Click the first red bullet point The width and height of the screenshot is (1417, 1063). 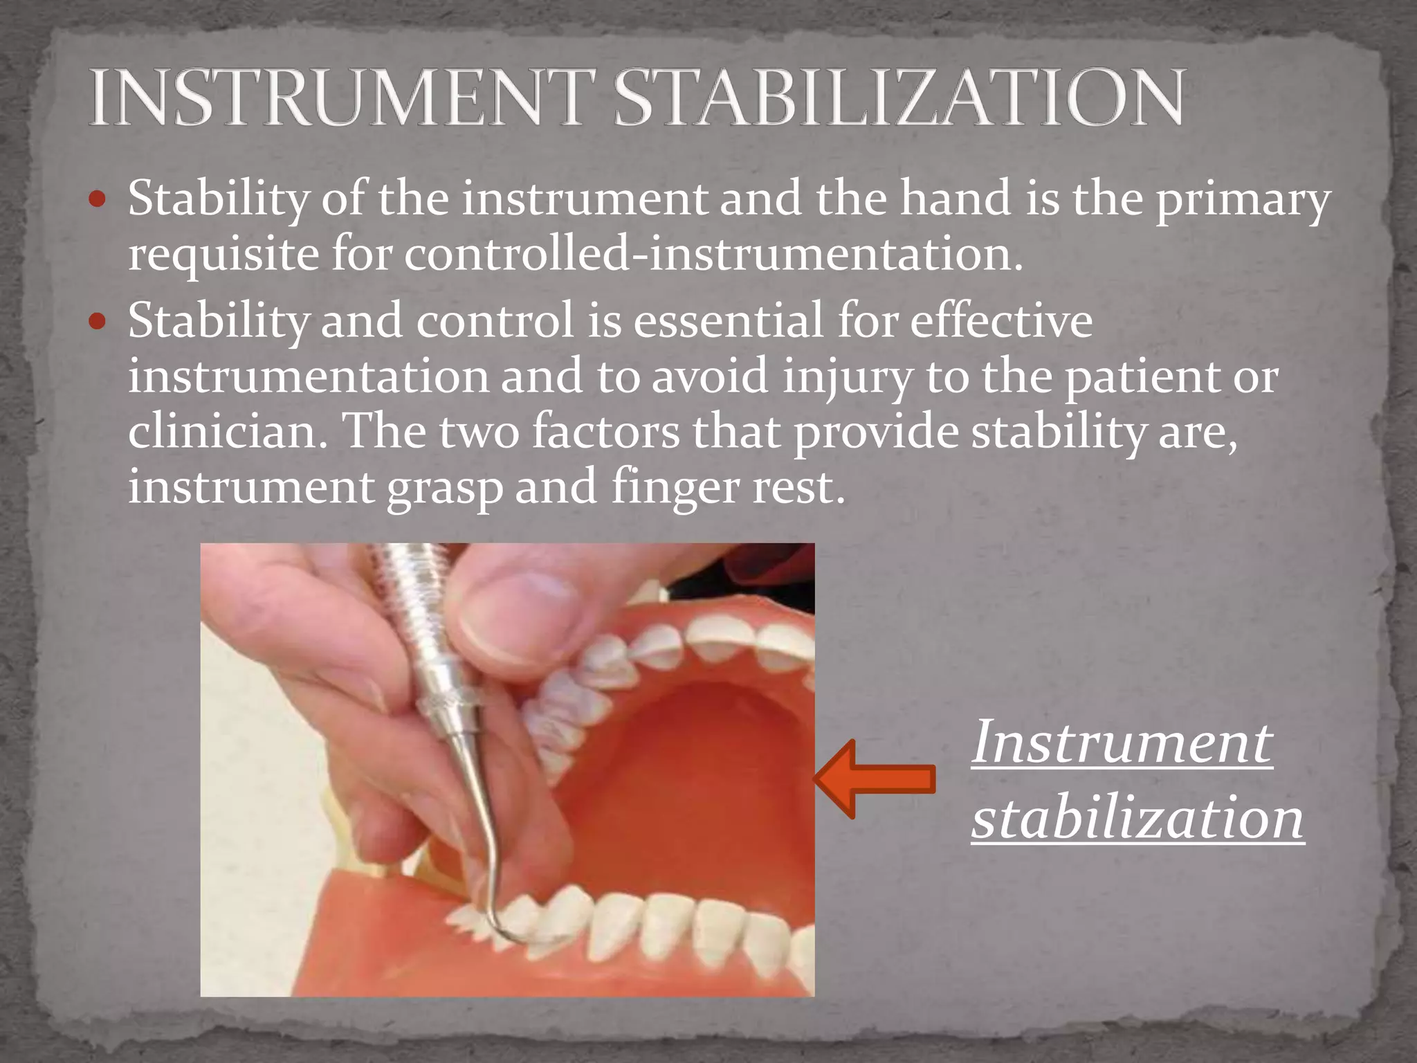98,201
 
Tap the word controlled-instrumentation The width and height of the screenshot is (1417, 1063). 713,255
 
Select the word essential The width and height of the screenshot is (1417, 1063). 727,321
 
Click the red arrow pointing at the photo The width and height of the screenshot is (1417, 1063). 875,779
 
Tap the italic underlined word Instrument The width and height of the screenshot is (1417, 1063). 1122,742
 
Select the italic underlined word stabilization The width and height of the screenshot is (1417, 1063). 1137,818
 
